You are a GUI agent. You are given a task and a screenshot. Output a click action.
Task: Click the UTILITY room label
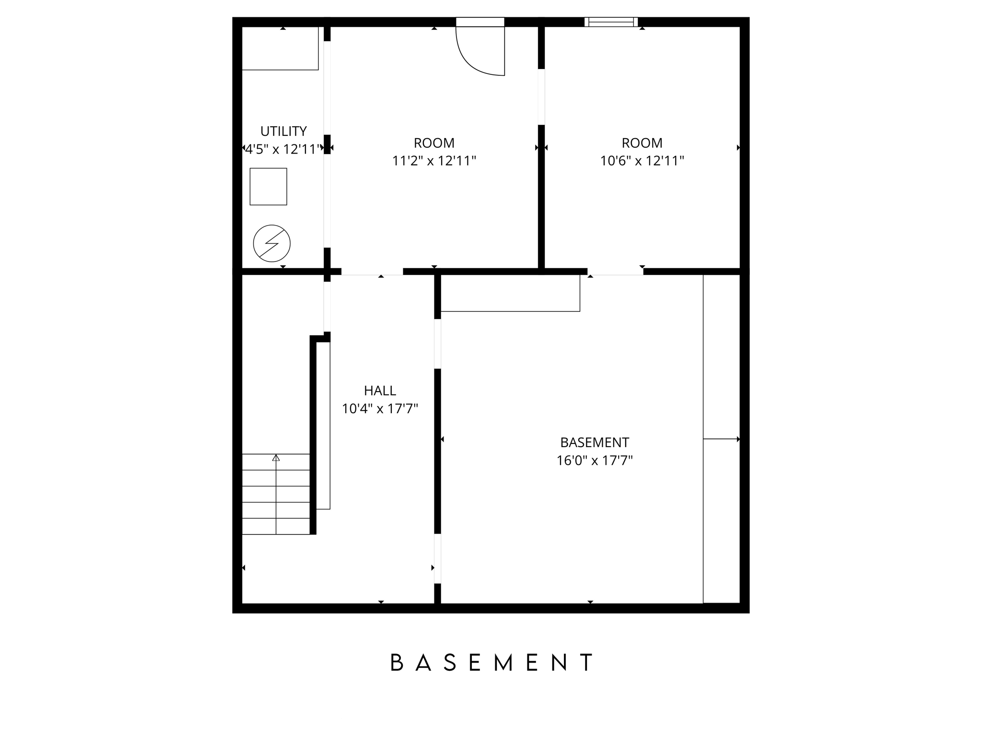tap(283, 131)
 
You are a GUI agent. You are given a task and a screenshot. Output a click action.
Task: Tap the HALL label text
tap(380, 391)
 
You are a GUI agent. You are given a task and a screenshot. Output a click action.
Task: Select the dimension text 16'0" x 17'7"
tap(595, 461)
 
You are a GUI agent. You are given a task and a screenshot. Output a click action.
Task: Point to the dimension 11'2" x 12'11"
tap(434, 161)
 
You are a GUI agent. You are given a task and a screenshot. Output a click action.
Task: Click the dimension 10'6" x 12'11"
tap(642, 161)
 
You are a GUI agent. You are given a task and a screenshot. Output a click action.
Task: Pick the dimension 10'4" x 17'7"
tap(380, 409)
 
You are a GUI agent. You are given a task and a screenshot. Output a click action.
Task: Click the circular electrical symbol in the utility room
tap(272, 243)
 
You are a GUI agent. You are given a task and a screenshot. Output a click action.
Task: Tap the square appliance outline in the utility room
tap(269, 187)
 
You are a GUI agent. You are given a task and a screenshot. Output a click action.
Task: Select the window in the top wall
tap(611, 22)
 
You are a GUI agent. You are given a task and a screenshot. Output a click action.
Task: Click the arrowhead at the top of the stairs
tap(276, 458)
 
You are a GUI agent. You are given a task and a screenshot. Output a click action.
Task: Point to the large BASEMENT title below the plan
tap(492, 663)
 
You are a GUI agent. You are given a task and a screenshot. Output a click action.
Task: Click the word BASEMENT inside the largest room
tap(595, 442)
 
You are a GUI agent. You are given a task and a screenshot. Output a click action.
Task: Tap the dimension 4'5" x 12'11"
tap(283, 149)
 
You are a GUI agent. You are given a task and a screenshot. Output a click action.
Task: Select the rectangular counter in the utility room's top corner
tap(280, 48)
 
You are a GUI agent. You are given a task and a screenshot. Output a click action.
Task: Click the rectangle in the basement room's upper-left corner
tap(510, 293)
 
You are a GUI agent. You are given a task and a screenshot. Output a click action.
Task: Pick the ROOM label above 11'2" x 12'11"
tap(434, 143)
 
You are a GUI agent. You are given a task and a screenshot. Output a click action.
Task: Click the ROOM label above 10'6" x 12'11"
tap(642, 143)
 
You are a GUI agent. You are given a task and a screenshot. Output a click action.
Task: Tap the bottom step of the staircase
tap(276, 526)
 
